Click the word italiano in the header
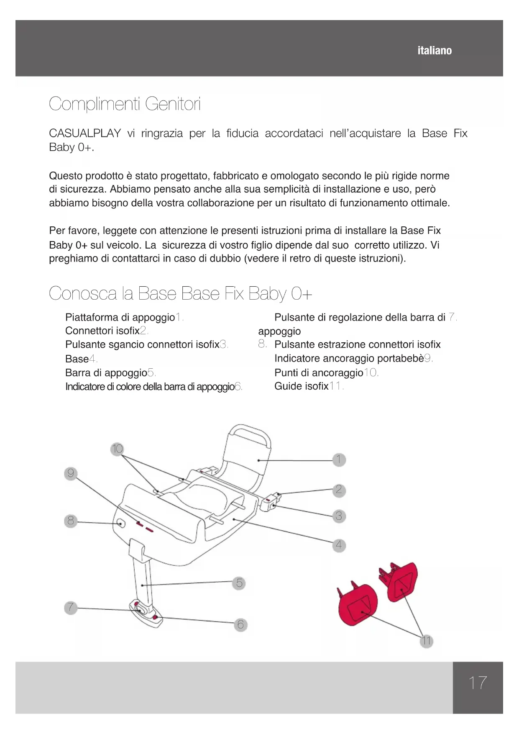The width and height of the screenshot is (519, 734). [435, 51]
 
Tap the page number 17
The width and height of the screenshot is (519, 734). [478, 683]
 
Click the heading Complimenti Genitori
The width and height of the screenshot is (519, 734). [125, 104]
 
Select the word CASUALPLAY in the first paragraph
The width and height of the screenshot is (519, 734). [85, 133]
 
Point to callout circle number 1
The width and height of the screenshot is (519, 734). [339, 459]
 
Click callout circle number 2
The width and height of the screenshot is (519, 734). [339, 490]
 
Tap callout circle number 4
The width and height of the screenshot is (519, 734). [339, 545]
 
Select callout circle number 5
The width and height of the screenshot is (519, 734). [239, 583]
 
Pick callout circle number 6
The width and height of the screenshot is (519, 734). [240, 625]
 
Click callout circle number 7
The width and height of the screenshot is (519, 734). [71, 607]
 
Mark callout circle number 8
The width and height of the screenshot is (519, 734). [71, 521]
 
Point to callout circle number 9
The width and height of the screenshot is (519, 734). [71, 473]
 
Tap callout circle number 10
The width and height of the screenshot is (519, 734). [118, 449]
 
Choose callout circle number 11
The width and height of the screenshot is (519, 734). [426, 641]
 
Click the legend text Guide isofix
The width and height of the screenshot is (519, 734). [301, 386]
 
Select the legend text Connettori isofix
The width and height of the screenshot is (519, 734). [102, 331]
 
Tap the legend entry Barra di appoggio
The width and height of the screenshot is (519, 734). [106, 373]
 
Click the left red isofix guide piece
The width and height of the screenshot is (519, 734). [358, 604]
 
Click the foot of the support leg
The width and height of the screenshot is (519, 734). [146, 615]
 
